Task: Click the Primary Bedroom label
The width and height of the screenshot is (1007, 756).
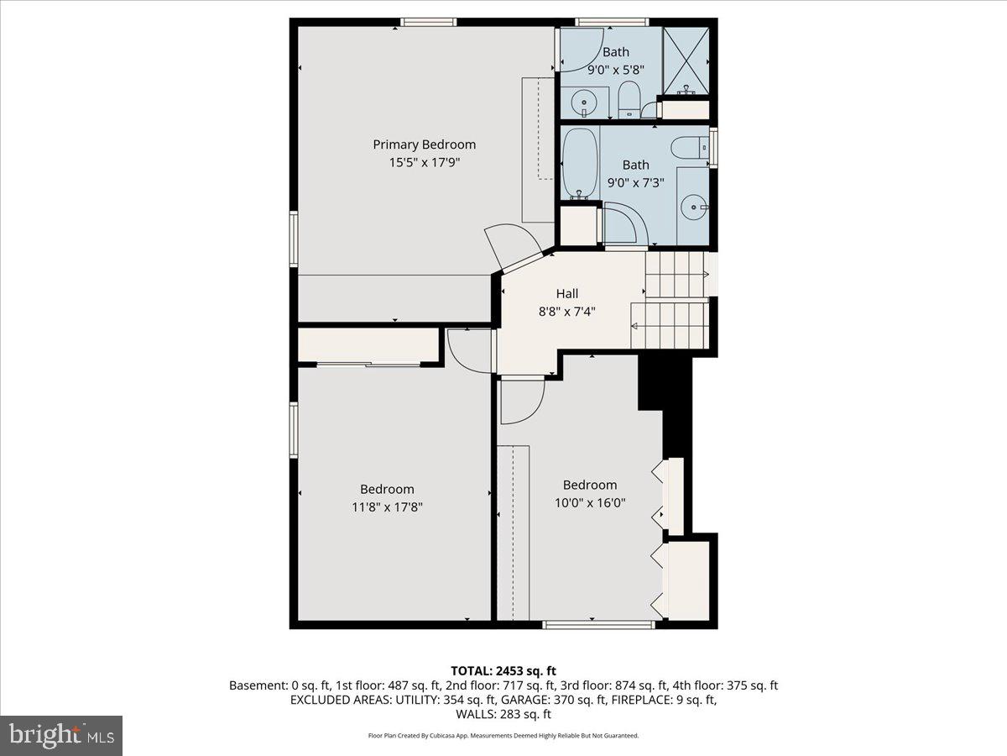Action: [x=424, y=144]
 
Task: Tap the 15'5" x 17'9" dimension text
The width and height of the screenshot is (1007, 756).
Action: [x=424, y=163]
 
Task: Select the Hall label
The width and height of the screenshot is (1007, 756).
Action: [x=567, y=294]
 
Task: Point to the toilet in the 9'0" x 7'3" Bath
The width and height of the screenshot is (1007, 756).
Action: [x=690, y=147]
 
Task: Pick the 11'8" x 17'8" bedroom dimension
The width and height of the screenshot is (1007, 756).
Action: [x=387, y=507]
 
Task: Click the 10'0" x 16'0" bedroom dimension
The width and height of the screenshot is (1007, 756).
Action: [x=590, y=503]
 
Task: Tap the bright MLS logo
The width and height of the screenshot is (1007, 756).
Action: [x=61, y=736]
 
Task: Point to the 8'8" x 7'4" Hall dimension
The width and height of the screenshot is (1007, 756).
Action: [x=567, y=312]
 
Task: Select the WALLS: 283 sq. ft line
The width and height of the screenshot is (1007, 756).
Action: [x=503, y=715]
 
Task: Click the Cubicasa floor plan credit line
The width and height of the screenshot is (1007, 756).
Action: [x=503, y=736]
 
